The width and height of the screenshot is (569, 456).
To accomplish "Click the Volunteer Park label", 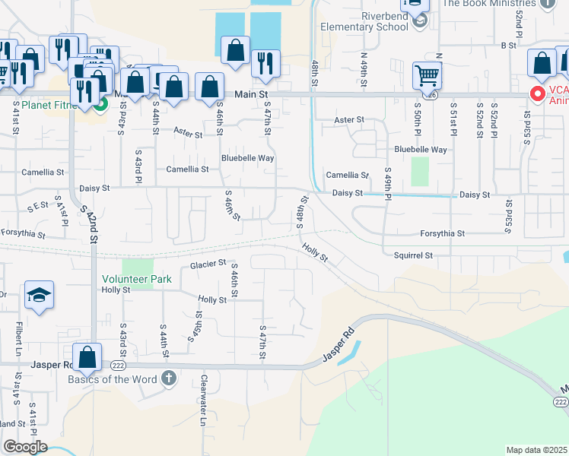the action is pos(137,279).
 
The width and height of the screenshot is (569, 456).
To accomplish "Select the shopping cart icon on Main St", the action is pos(427,76).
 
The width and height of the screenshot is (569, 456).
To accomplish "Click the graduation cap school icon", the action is pos(40,295).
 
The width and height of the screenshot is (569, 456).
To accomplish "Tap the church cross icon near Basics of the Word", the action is pos(168,378).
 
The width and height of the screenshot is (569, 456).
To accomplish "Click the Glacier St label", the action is pos(208,264).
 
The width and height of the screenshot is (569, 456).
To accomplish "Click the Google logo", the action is pos(25,447).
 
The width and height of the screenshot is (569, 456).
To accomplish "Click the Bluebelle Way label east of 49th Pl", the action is pos(420,150).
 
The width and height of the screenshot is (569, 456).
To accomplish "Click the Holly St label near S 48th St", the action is pos(313,253).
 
